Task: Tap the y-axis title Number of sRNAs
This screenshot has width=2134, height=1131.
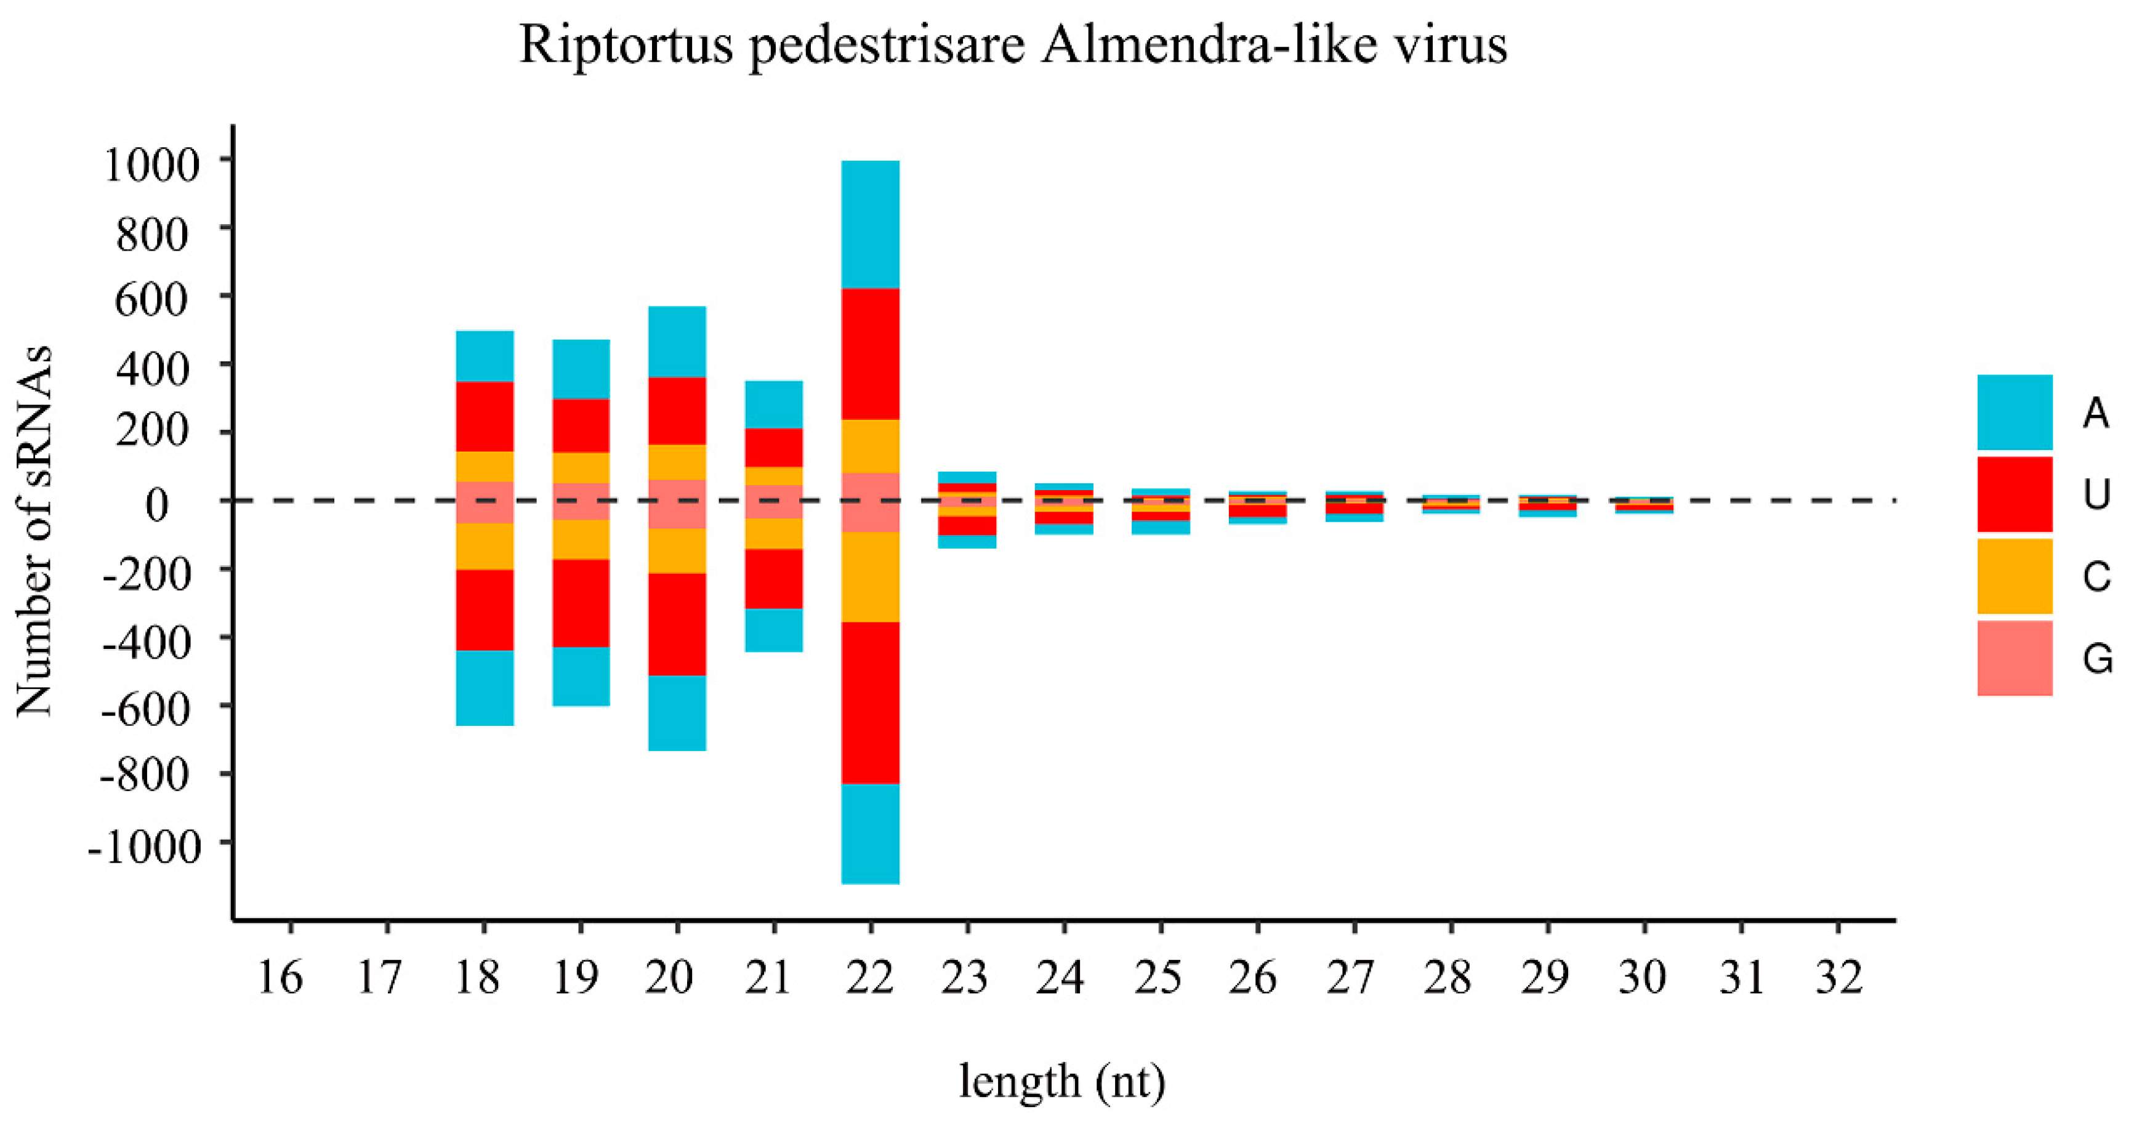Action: pyautogui.click(x=35, y=530)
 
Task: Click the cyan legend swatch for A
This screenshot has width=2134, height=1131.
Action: pyautogui.click(x=2014, y=412)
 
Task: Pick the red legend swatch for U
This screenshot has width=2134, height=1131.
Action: pyautogui.click(x=2014, y=494)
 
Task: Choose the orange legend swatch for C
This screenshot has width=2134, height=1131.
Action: pyautogui.click(x=2014, y=576)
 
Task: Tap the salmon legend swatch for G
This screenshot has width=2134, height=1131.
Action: pyautogui.click(x=2014, y=658)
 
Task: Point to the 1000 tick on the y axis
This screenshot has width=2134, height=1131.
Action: pyautogui.click(x=151, y=164)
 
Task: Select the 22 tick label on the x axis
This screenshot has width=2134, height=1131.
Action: pyautogui.click(x=870, y=978)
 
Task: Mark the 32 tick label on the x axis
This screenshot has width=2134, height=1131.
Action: pyautogui.click(x=1839, y=978)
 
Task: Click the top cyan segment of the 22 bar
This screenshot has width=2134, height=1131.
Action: pyautogui.click(x=870, y=223)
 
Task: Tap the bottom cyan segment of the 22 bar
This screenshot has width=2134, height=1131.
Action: pyautogui.click(x=870, y=834)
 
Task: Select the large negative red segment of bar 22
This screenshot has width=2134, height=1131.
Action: pyautogui.click(x=870, y=702)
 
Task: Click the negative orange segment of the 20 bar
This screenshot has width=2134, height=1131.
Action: pyautogui.click(x=677, y=550)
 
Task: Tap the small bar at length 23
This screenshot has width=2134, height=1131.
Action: pyautogui.click(x=967, y=510)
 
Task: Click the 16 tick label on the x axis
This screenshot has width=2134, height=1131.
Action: pyautogui.click(x=280, y=978)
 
